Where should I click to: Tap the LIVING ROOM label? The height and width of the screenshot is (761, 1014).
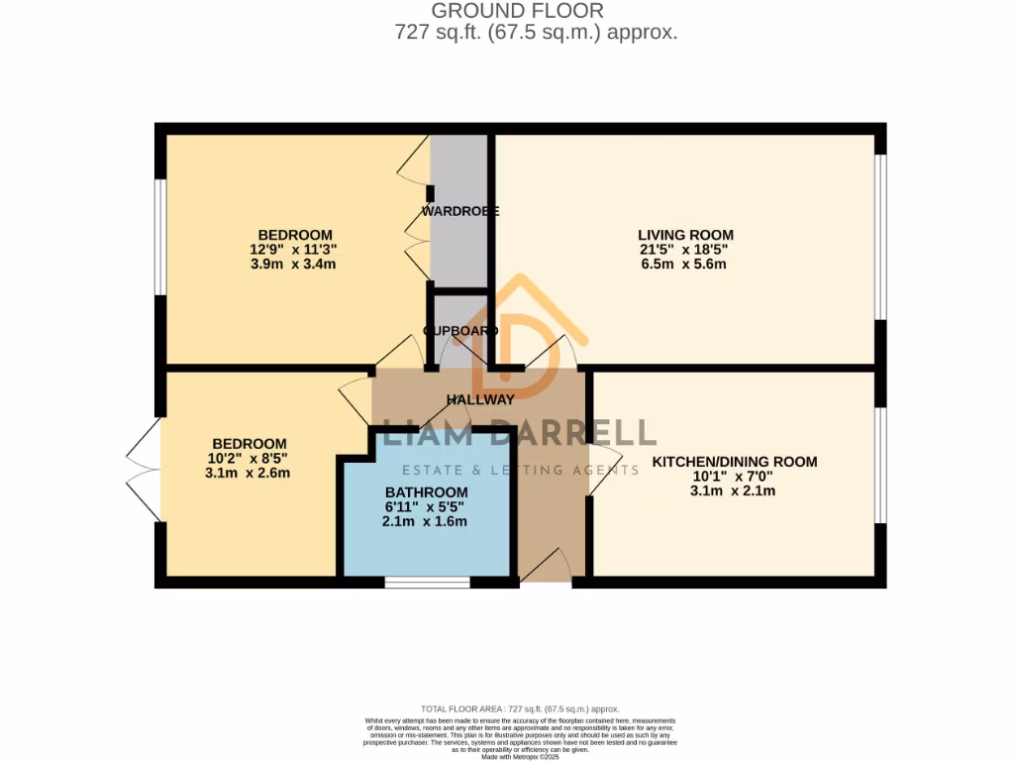click(x=685, y=235)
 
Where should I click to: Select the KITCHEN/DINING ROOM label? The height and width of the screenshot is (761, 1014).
click(x=734, y=462)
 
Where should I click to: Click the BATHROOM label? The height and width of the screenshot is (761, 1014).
click(x=426, y=492)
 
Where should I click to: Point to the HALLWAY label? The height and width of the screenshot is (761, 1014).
click(x=480, y=400)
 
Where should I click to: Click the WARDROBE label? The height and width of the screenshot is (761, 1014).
click(x=459, y=211)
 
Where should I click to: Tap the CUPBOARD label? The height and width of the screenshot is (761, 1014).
click(x=459, y=331)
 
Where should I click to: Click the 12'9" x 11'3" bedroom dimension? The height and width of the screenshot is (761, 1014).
click(x=295, y=250)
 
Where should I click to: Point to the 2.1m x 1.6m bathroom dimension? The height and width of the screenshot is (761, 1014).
click(x=426, y=522)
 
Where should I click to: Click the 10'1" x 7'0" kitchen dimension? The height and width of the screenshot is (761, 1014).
click(x=734, y=477)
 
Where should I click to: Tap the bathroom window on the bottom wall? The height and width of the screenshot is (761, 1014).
click(x=428, y=583)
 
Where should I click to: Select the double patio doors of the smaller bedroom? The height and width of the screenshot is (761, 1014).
click(x=145, y=468)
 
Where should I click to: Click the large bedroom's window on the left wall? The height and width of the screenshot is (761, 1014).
click(x=159, y=237)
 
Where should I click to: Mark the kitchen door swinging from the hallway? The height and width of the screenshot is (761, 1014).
click(x=604, y=463)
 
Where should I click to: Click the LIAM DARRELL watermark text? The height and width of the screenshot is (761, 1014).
click(x=520, y=433)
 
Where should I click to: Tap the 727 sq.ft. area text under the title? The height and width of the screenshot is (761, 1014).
click(x=535, y=33)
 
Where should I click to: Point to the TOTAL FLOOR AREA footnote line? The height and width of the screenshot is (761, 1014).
click(x=520, y=708)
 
